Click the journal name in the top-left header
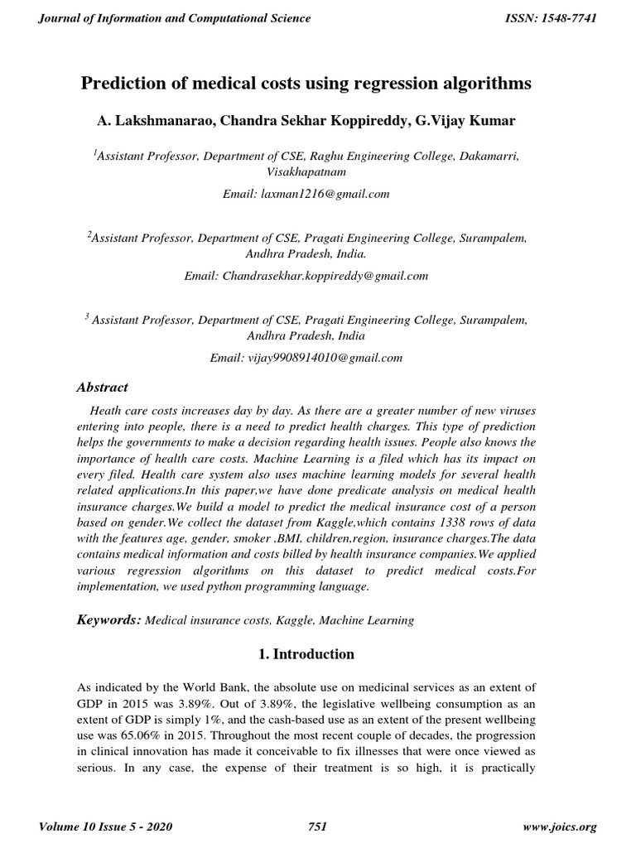(175, 18)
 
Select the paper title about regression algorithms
(306, 84)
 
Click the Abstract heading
(102, 387)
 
